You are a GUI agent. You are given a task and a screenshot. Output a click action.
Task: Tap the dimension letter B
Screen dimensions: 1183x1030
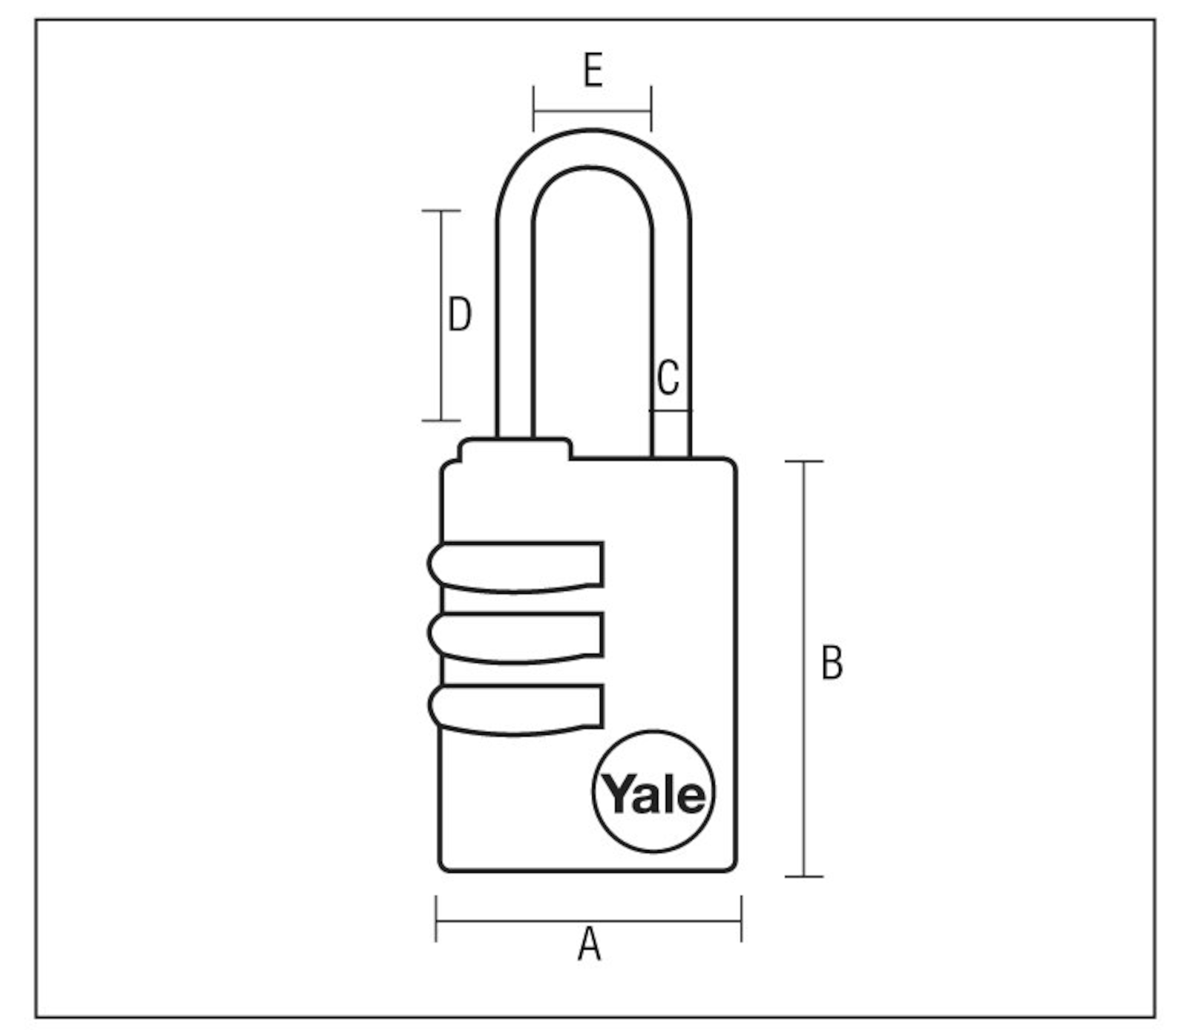pyautogui.click(x=832, y=663)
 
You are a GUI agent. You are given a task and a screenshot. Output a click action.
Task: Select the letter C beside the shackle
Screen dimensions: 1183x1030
pyautogui.click(x=668, y=378)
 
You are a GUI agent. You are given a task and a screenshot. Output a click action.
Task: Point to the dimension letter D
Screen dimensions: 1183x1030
pyautogui.click(x=460, y=314)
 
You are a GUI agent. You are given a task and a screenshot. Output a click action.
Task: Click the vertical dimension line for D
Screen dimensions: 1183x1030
pyautogui.click(x=441, y=315)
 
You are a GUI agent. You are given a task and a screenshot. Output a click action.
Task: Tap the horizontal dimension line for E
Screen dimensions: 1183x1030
pyautogui.click(x=592, y=110)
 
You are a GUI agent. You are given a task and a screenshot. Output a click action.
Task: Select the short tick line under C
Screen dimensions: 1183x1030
pyautogui.click(x=671, y=410)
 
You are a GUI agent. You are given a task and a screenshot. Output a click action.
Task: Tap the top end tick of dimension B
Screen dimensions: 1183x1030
pyautogui.click(x=804, y=461)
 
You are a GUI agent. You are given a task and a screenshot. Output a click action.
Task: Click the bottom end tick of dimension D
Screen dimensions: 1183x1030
pyautogui.click(x=441, y=421)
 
